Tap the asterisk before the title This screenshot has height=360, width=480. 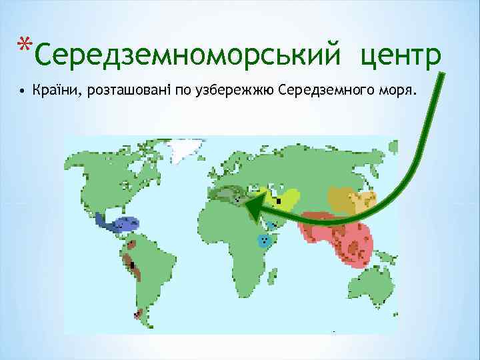click(24, 45)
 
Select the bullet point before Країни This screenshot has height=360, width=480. click(23, 90)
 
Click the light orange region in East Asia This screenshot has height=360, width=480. click(365, 200)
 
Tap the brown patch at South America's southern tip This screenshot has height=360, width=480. click(139, 313)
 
